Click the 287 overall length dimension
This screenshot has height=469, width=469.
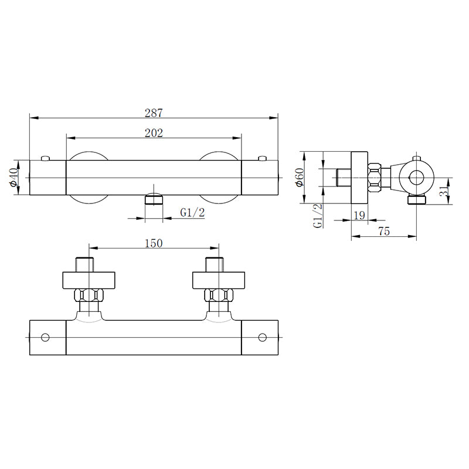point(154,112)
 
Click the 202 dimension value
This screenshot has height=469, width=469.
point(154,132)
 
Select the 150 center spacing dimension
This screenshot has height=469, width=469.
point(152,243)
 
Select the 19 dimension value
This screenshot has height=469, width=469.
point(359,215)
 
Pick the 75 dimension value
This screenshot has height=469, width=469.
point(384,232)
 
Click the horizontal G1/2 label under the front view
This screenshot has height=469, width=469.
point(192,213)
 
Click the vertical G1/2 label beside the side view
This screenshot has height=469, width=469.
point(317,216)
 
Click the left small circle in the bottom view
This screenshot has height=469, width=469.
point(45,337)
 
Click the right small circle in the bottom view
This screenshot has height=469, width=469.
point(262,337)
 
